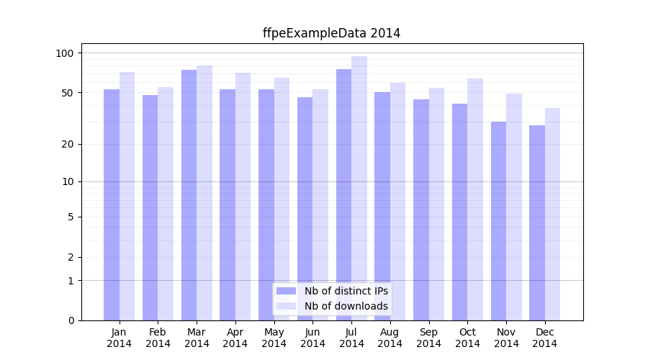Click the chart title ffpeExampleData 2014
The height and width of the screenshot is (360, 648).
pos(331,33)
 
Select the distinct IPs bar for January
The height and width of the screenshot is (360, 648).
pos(112,204)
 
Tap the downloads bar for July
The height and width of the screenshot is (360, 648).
pos(359,188)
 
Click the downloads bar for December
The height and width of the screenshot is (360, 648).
pos(552,214)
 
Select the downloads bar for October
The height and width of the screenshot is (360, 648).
pos(475,199)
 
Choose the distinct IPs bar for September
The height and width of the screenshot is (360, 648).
pos(421,210)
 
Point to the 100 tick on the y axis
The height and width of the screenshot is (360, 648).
pos(65,53)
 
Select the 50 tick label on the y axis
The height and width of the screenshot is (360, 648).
pos(68,93)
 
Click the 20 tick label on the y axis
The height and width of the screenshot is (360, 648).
pos(68,144)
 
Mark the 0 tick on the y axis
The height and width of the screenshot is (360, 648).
pos(71,320)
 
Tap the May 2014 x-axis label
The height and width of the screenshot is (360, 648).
pos(274,338)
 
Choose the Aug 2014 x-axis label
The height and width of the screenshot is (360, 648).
pos(390,338)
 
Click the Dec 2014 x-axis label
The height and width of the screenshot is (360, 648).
pos(545,338)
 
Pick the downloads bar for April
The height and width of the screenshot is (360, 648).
pos(243,197)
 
